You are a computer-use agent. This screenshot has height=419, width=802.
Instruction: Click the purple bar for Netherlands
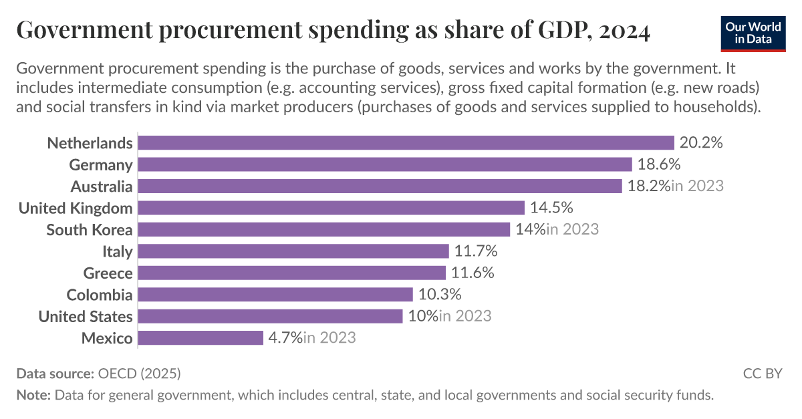tap(406, 143)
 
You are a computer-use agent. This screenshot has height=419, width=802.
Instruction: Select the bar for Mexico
tap(200, 337)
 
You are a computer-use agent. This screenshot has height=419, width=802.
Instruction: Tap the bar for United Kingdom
tap(331, 208)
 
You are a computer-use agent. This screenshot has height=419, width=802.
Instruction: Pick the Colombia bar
tap(275, 295)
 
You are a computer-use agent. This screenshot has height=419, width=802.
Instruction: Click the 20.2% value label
tap(701, 143)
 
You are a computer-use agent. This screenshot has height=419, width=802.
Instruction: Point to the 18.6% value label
tap(659, 164)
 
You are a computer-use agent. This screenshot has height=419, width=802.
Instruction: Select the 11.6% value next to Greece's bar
tap(473, 273)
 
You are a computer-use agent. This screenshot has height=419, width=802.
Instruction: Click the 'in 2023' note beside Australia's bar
tap(698, 186)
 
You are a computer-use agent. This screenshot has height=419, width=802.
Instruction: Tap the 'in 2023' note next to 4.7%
tap(329, 337)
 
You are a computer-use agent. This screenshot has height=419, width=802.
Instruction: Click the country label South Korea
tap(90, 230)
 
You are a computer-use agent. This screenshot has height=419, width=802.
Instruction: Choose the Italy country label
tap(117, 251)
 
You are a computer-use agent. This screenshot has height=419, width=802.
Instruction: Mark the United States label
tap(86, 316)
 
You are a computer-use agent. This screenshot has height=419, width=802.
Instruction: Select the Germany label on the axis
tap(101, 164)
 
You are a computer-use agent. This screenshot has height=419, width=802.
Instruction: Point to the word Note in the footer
tap(32, 395)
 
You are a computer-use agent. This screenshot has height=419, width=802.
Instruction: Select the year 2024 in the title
tap(625, 31)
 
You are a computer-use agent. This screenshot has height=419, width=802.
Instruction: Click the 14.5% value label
tap(551, 208)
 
